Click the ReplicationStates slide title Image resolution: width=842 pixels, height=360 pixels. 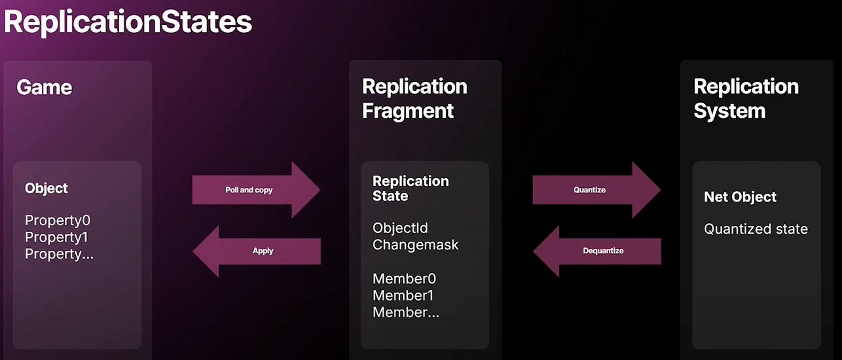coord(128,22)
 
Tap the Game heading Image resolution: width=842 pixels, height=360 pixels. coord(44,88)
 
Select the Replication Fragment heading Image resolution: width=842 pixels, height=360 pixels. coord(414,98)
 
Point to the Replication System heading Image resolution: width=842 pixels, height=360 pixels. coord(746,98)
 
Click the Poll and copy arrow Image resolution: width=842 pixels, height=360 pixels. coord(257,190)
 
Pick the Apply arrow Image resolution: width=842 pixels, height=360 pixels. coord(257,251)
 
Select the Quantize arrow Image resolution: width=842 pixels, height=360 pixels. coord(596,190)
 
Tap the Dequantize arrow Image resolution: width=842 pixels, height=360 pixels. coord(597,251)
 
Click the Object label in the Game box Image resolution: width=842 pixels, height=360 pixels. coord(46,188)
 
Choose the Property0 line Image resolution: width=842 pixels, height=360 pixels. coord(58,220)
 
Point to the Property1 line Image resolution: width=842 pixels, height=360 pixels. coord(56,237)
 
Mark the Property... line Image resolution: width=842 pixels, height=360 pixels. coord(59,254)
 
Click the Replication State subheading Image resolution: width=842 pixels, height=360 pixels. coord(411,189)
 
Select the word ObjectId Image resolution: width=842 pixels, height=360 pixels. coord(400,228)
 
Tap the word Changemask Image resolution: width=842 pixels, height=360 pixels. coord(415,245)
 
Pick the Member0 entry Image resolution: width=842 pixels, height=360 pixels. coord(404,278)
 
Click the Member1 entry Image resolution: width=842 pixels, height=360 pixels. coord(403,295)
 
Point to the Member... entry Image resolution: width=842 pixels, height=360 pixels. coord(405,312)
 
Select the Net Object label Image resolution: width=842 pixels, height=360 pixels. coord(740,196)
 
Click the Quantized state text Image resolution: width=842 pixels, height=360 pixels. coord(756,229)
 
